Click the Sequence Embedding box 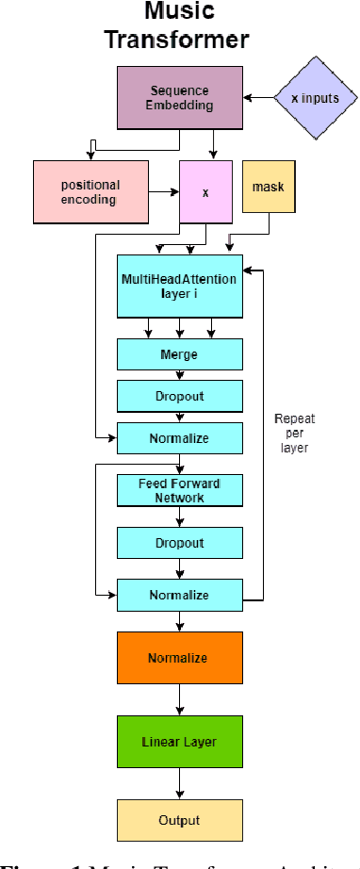click(x=179, y=97)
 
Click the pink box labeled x click(x=205, y=192)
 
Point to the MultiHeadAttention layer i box click(x=179, y=286)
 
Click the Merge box click(x=179, y=354)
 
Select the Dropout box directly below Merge click(x=179, y=396)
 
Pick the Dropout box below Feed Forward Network click(x=179, y=544)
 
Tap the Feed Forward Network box click(x=179, y=490)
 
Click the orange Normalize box click(x=179, y=657)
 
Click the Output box click(x=179, y=819)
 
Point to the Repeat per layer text click(x=295, y=434)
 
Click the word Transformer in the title click(x=177, y=40)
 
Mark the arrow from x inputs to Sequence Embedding click(x=257, y=97)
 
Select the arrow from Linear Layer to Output click(x=179, y=784)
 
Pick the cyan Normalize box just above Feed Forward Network click(x=179, y=438)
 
